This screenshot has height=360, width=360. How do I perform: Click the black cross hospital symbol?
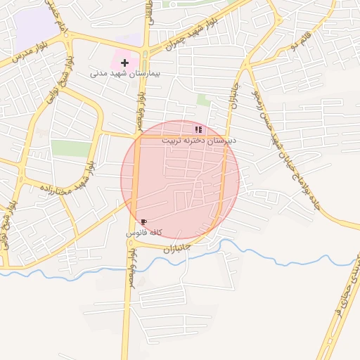click(125, 63)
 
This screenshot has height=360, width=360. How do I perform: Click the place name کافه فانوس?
click(145, 232)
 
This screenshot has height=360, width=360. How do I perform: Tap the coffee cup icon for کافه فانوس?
click(144, 221)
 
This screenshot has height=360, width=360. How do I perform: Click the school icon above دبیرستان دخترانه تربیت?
click(198, 129)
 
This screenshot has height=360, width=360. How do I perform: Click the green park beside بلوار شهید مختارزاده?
click(71, 148)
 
